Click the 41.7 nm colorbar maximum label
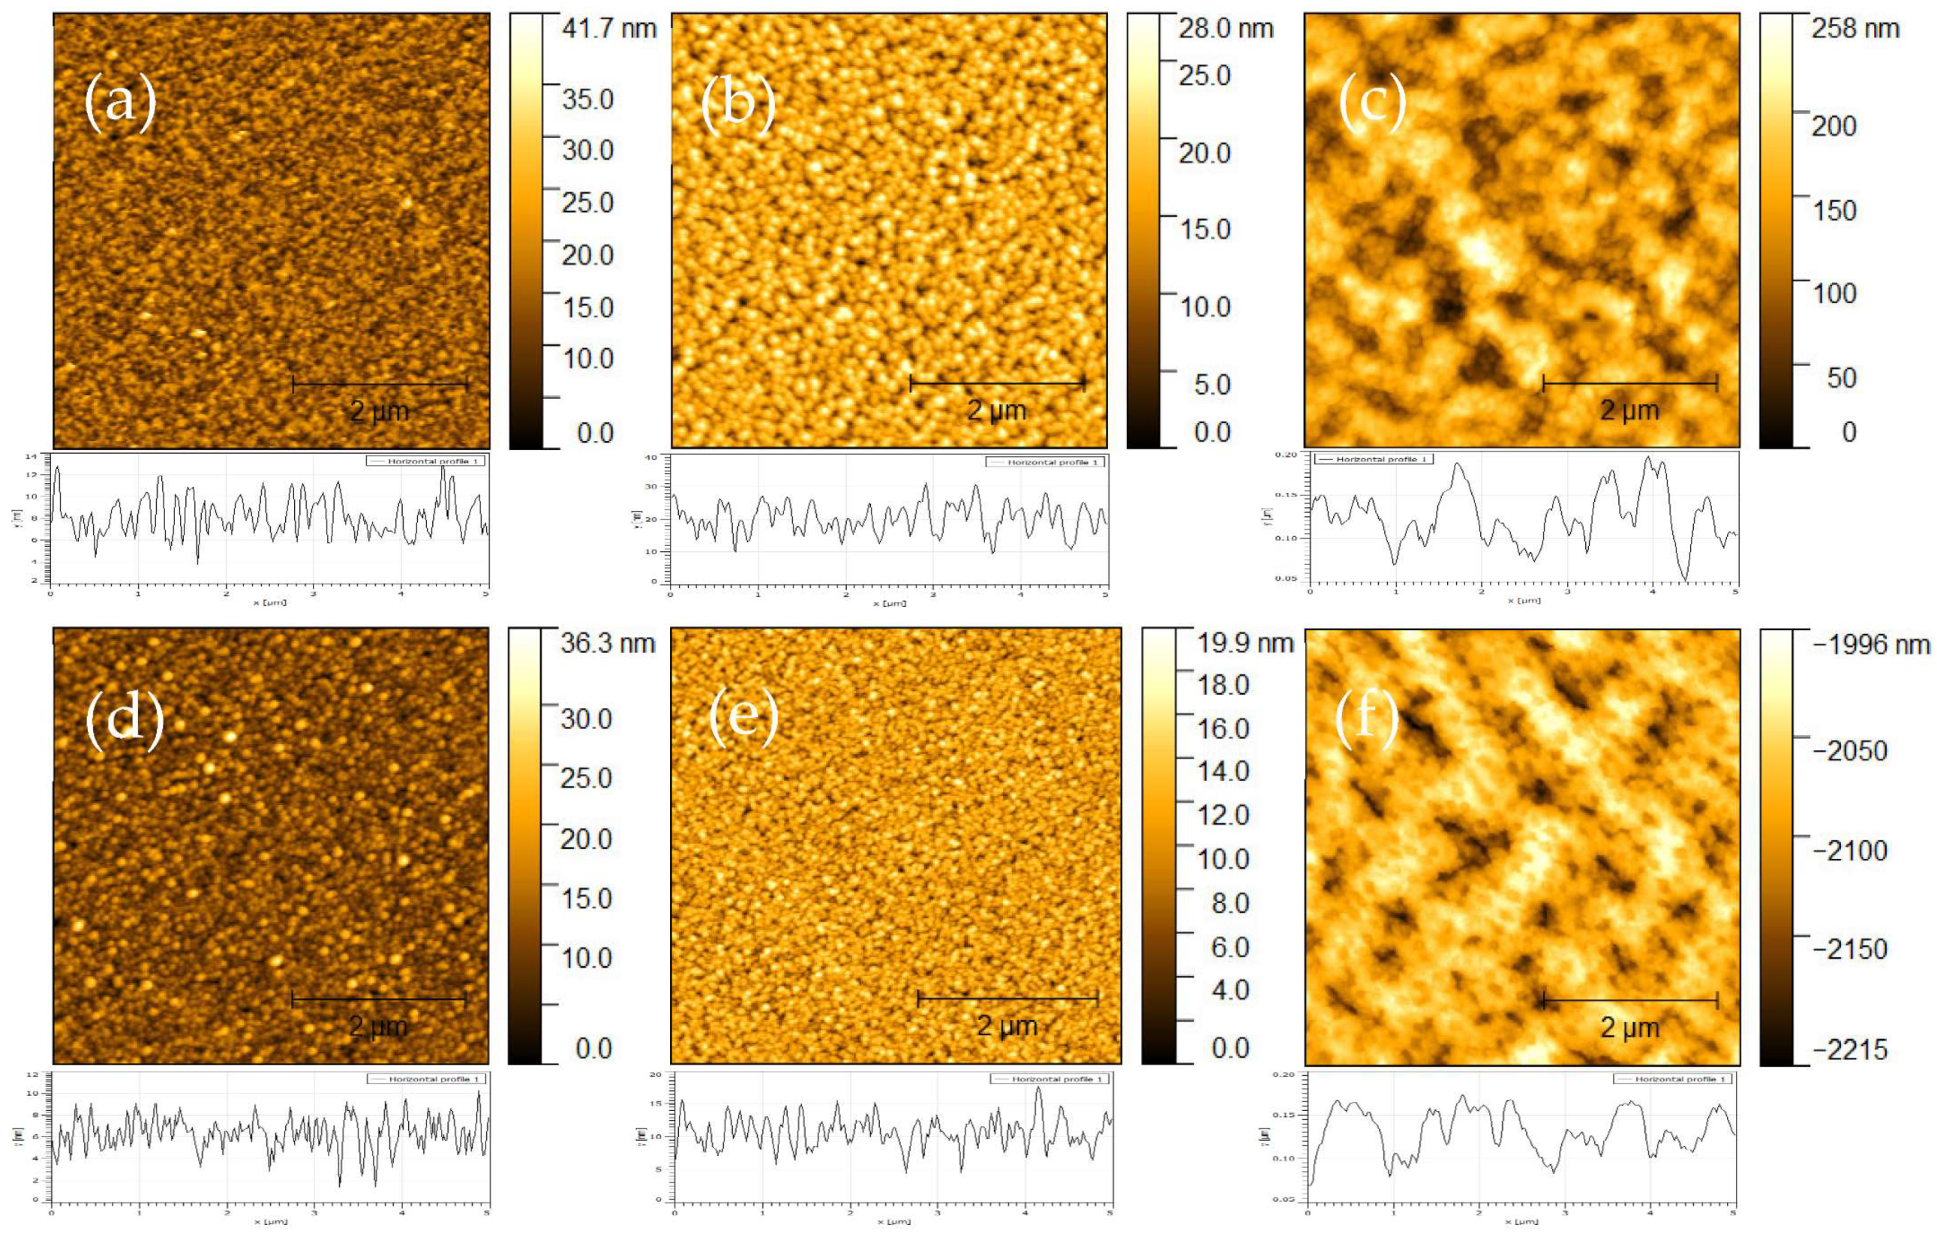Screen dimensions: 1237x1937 coord(609,30)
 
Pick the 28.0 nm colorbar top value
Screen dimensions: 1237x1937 coord(1226,30)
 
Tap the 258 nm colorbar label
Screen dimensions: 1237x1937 coord(1855,30)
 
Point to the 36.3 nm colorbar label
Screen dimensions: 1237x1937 coord(608,644)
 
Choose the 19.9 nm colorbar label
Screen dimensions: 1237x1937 coord(1245,644)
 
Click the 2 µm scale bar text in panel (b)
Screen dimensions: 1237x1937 coord(997,411)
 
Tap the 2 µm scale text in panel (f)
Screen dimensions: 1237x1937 coord(1629,1028)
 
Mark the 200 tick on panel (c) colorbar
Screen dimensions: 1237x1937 coord(1833,126)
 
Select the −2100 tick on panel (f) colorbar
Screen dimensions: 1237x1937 coord(1850,850)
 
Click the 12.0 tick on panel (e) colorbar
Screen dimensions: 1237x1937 coord(1223,815)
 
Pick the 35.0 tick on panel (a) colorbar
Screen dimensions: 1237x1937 coord(588,100)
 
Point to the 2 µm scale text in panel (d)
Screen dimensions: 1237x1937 coord(378,1027)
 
